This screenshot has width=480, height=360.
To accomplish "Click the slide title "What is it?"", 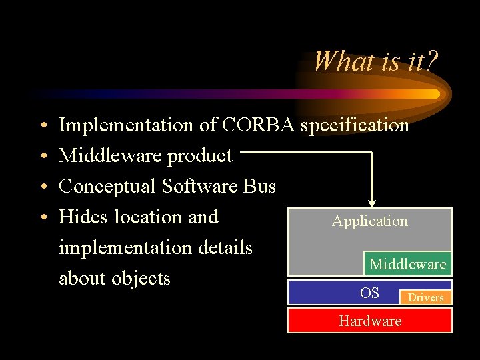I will (375, 61).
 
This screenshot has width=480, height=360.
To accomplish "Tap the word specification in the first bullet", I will (355, 125).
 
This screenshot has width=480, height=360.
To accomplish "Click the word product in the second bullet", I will (199, 155).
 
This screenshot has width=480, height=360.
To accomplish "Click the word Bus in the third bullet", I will (259, 186).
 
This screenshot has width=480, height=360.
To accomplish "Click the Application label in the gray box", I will (369, 221).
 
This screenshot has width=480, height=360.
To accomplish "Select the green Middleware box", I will (407, 264).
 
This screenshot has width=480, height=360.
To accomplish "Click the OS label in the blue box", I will (369, 293).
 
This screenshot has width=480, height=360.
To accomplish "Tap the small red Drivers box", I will (425, 297).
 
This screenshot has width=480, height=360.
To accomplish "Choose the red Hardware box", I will (369, 321).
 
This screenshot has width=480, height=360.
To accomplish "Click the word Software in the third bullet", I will (199, 186).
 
